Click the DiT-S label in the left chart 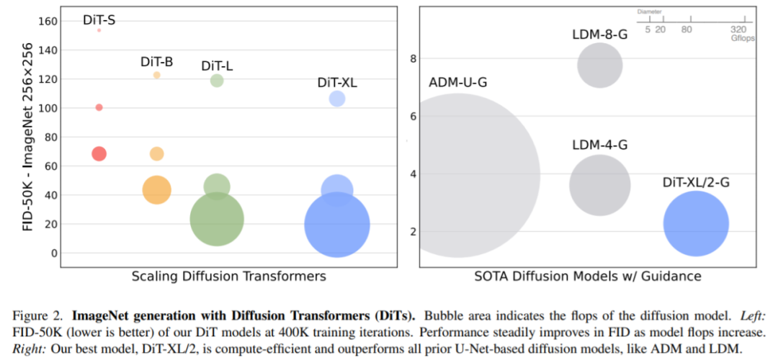tap(99, 20)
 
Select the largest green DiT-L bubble tap(217, 219)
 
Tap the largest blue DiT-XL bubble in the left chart tap(337, 225)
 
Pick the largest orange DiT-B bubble tap(156, 190)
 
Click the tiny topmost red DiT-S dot tap(99, 30)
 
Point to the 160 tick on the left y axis tap(45, 22)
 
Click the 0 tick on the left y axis tap(53, 253)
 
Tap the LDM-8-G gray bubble tap(599, 66)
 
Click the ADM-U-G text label tap(458, 82)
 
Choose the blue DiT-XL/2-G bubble tap(696, 224)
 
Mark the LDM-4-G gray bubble tap(599, 185)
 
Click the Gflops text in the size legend tap(742, 38)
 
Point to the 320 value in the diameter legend tap(738, 30)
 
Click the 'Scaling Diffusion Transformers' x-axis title tap(228, 276)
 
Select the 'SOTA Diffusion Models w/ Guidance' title tap(587, 276)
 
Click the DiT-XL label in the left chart tap(337, 83)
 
